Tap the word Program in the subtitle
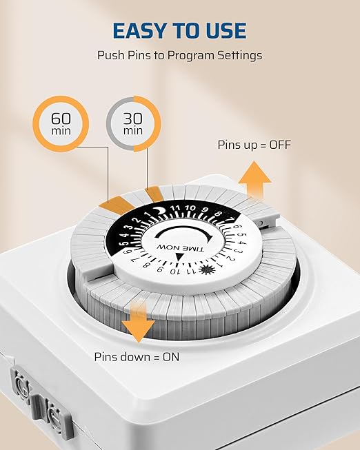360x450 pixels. pyautogui.click(x=190, y=55)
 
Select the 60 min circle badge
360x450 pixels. pyautogui.click(x=61, y=123)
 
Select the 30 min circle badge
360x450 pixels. pyautogui.click(x=133, y=123)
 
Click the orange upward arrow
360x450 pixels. pyautogui.click(x=254, y=180)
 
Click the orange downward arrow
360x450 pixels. pyautogui.click(x=139, y=323)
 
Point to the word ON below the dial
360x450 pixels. pyautogui.click(x=171, y=357)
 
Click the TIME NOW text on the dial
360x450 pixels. pyautogui.click(x=180, y=247)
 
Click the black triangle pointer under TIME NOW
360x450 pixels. pyautogui.click(x=179, y=257)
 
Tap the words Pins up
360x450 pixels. pyautogui.click(x=237, y=145)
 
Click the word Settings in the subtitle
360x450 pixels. pyautogui.click(x=239, y=55)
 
